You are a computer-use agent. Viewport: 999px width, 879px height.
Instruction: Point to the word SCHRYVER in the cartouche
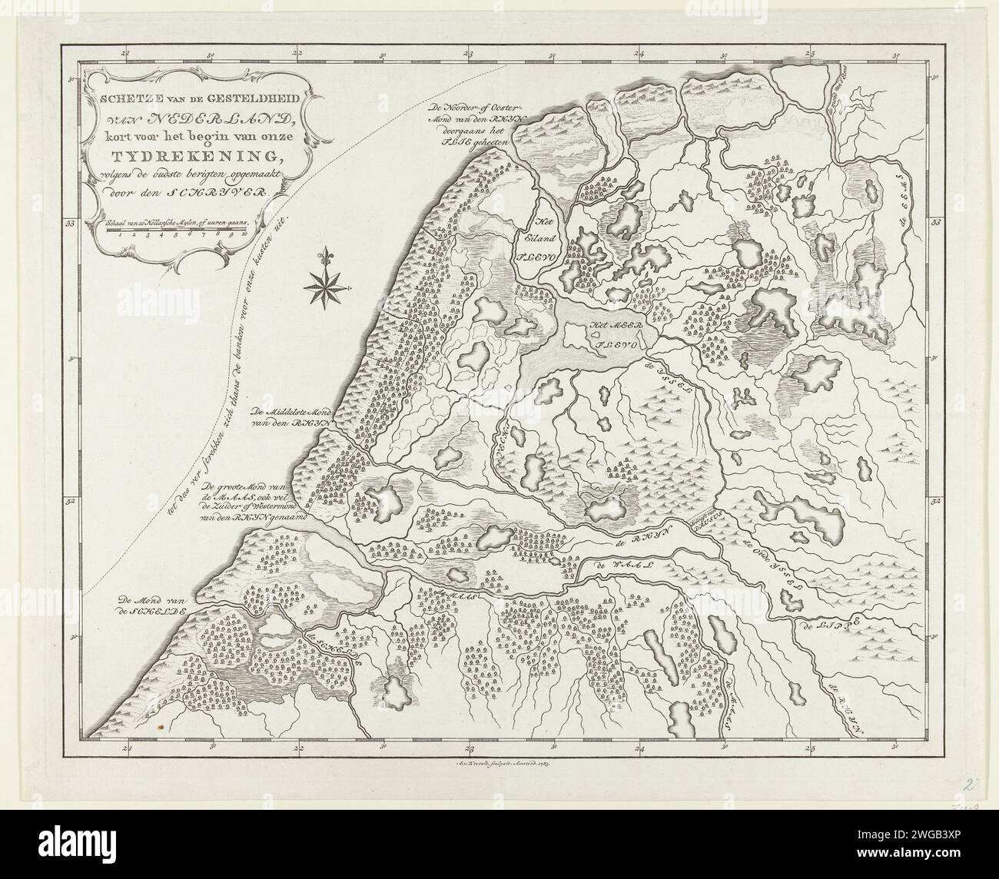230,195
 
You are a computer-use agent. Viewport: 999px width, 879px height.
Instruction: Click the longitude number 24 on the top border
639,54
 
